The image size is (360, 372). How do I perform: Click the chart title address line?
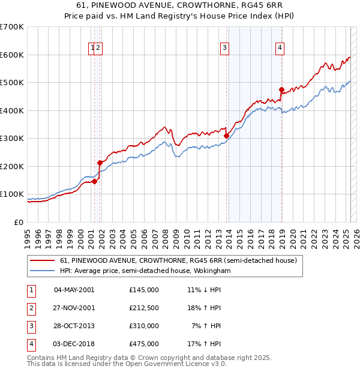(x=180, y=6)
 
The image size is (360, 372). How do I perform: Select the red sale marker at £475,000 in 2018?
(x=281, y=89)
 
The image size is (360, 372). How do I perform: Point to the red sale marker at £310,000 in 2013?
(x=226, y=136)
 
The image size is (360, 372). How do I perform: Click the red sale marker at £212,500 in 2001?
(x=100, y=163)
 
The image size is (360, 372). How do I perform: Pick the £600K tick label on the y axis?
(x=12, y=55)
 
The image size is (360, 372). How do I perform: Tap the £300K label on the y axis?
(x=12, y=138)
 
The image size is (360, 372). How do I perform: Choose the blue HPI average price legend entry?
(x=145, y=271)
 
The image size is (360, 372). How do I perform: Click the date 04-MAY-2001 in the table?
(x=74, y=289)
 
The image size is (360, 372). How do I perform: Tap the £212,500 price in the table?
(x=144, y=307)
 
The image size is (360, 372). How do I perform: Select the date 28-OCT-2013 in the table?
(x=74, y=326)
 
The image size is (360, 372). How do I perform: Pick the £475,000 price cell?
(x=144, y=344)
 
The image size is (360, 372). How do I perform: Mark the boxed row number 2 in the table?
(x=30, y=307)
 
